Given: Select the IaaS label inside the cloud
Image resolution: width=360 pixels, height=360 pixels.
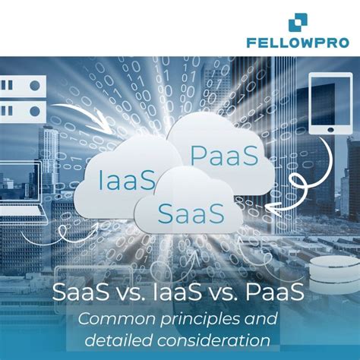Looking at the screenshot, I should click(127, 181).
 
